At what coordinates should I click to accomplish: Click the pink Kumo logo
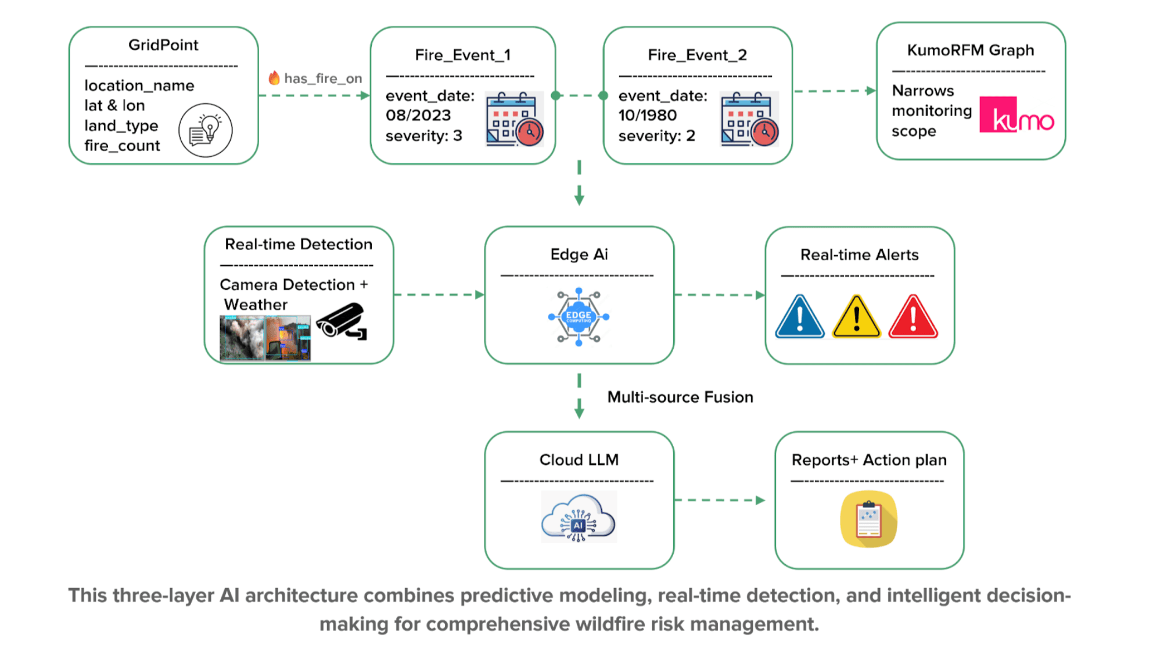[x=1016, y=115]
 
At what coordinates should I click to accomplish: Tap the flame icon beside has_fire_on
[x=274, y=78]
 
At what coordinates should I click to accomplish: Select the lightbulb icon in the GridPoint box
[x=206, y=130]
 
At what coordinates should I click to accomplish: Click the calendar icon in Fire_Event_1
[x=514, y=119]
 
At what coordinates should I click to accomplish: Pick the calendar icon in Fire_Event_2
[x=749, y=119]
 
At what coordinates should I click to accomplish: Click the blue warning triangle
[x=799, y=317]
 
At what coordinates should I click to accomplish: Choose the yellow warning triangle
[x=856, y=317]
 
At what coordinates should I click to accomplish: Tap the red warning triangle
[x=913, y=317]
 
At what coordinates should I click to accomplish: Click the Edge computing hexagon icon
[x=579, y=317]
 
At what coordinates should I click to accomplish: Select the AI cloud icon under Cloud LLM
[x=579, y=517]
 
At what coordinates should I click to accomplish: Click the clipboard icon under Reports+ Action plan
[x=869, y=519]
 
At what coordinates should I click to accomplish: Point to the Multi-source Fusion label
[x=680, y=397]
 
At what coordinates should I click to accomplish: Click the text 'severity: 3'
[x=424, y=136]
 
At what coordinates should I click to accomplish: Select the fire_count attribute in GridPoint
[x=122, y=146]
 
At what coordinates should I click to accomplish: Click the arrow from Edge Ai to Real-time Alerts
[x=719, y=295]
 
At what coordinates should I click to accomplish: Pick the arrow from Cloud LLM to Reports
[x=719, y=500]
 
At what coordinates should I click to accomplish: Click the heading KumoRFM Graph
[x=971, y=51]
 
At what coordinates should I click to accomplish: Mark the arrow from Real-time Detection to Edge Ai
[x=439, y=295]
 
